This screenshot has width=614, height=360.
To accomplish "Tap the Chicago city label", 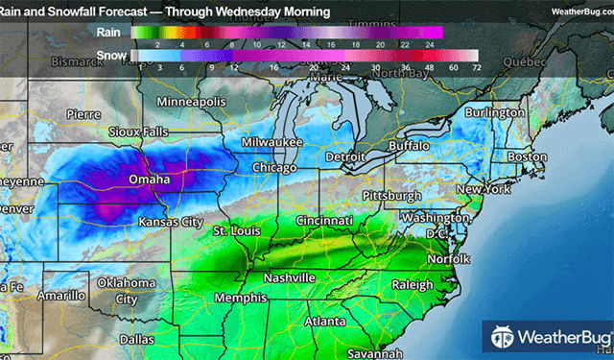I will point(273,168).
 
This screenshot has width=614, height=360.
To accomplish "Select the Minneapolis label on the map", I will point(191,102).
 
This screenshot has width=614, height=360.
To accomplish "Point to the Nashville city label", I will point(289,277).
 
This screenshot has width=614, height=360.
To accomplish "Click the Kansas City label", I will point(172,222).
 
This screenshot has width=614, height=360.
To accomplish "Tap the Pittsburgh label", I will point(391,196).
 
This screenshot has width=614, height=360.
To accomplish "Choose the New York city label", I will point(482,190).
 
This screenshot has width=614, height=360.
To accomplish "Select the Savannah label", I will point(375,352).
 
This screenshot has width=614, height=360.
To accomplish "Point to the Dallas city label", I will point(137,340).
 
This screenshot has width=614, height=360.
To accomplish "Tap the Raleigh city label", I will point(414,284).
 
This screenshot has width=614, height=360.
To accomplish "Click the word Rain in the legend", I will point(108,32).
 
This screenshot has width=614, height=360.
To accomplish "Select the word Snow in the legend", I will point(109,57).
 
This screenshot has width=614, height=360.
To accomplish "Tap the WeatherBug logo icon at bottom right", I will point(502,336).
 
